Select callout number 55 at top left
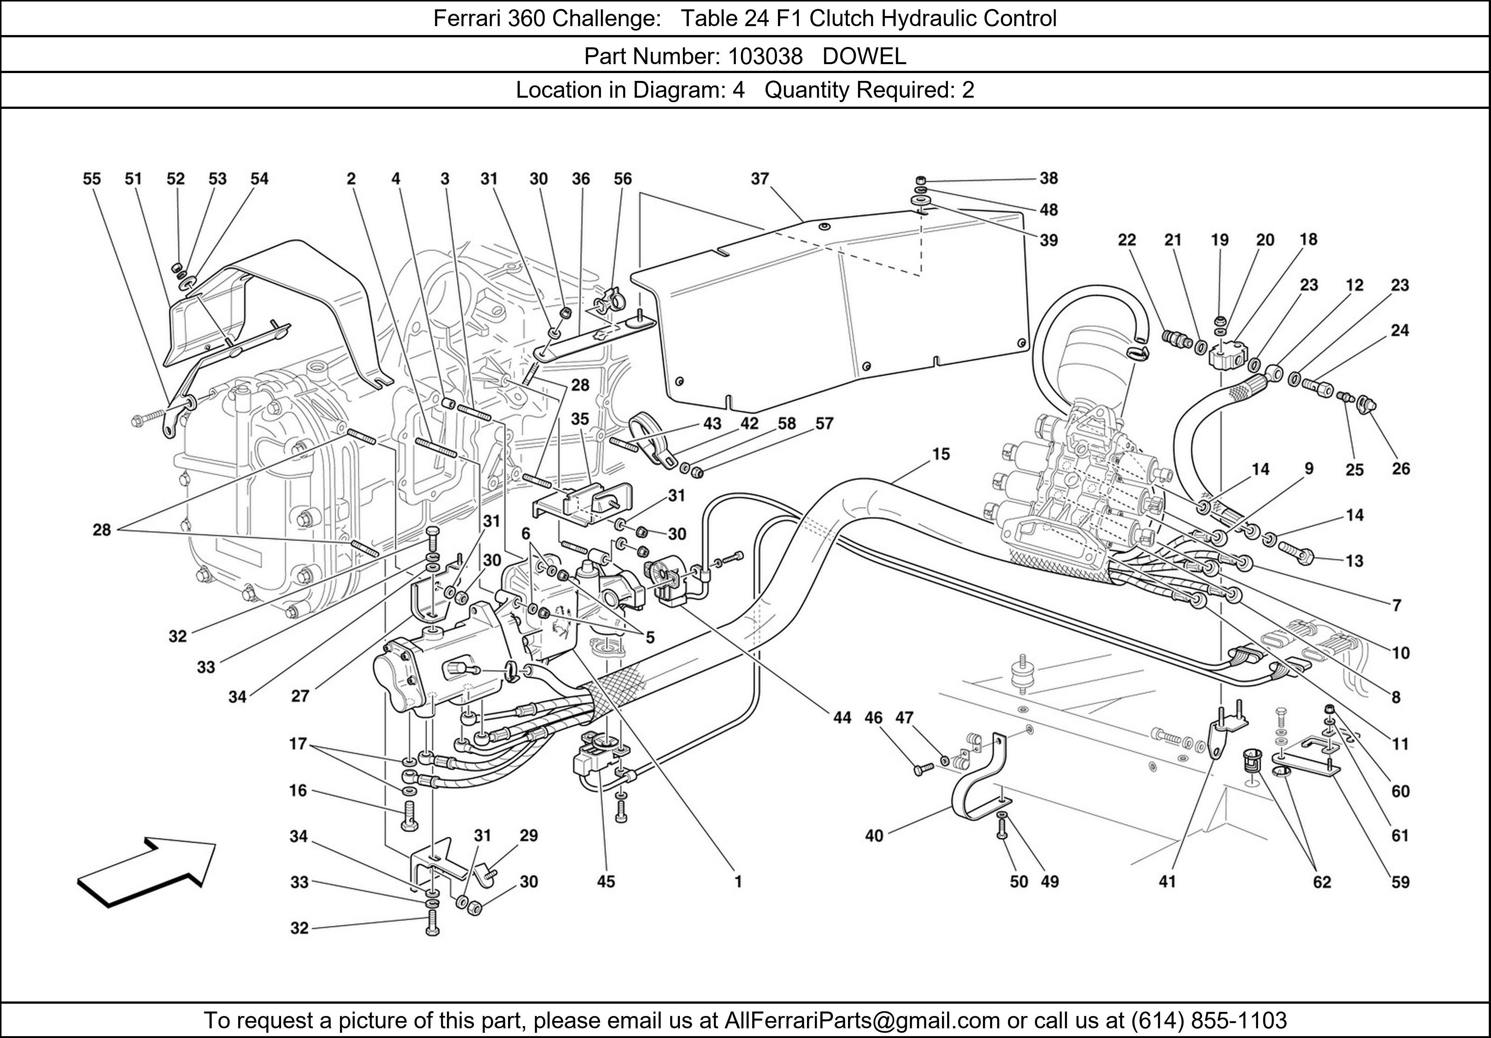[92, 179]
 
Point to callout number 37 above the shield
[760, 179]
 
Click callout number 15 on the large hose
[941, 454]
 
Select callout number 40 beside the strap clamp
[874, 835]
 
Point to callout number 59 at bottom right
[1401, 881]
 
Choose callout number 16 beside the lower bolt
[298, 790]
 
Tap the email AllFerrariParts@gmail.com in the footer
[862, 1020]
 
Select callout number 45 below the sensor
[606, 881]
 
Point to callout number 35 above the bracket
[580, 419]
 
